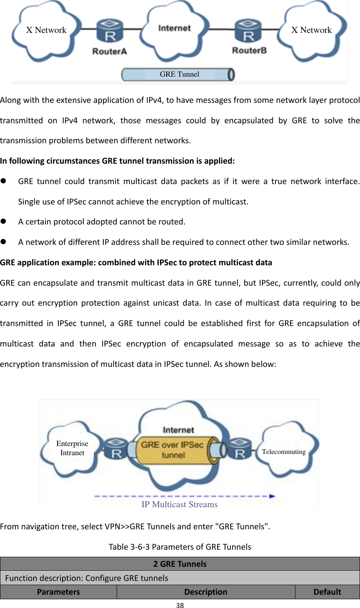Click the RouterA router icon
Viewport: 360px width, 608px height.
point(110,31)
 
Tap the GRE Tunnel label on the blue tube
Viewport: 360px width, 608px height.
point(180,74)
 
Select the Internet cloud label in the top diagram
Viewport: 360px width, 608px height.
point(175,28)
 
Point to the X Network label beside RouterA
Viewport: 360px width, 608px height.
point(46,30)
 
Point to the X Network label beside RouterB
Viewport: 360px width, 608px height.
point(311,30)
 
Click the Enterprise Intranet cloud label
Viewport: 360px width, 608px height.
point(72,448)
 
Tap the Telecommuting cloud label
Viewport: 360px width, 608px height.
point(284,452)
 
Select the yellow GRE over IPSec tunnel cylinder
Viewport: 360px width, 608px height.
point(172,450)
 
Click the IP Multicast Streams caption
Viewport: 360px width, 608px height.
point(180,504)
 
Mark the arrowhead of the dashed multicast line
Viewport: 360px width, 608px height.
point(272,496)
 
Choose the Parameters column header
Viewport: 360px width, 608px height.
point(58,592)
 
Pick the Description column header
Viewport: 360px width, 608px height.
point(206,592)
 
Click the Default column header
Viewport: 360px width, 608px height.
point(327,592)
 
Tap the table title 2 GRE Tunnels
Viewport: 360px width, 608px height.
point(180,564)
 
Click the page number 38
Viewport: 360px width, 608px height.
point(180,605)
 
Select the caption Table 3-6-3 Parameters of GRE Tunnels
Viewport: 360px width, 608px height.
point(180,547)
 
